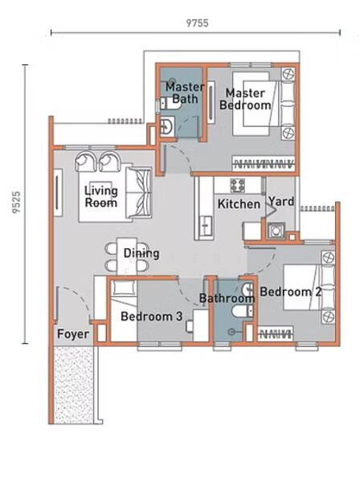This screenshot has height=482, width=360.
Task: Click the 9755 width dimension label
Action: (x=197, y=23)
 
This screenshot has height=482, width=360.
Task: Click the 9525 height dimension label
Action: (x=16, y=202)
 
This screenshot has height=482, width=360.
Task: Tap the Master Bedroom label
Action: (x=245, y=99)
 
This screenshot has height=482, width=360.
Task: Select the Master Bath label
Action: (x=185, y=92)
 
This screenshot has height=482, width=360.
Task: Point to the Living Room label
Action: (x=101, y=197)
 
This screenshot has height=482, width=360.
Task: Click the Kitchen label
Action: (x=239, y=204)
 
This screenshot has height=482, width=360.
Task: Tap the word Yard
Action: (x=281, y=202)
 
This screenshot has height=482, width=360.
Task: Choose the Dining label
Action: (x=141, y=254)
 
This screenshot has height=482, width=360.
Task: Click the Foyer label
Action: (x=73, y=334)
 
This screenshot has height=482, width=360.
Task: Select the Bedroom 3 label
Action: (x=152, y=317)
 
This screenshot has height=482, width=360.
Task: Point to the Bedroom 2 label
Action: (x=291, y=292)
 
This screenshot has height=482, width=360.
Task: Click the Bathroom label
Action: (x=227, y=298)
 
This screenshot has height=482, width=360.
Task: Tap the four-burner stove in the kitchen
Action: (x=238, y=186)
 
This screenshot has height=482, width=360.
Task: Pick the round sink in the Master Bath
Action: (x=166, y=126)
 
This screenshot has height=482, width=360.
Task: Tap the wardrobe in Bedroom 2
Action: (x=275, y=333)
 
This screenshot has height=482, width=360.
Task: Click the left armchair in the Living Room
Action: (x=85, y=161)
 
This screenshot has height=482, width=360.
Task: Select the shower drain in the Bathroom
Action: (x=231, y=332)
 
